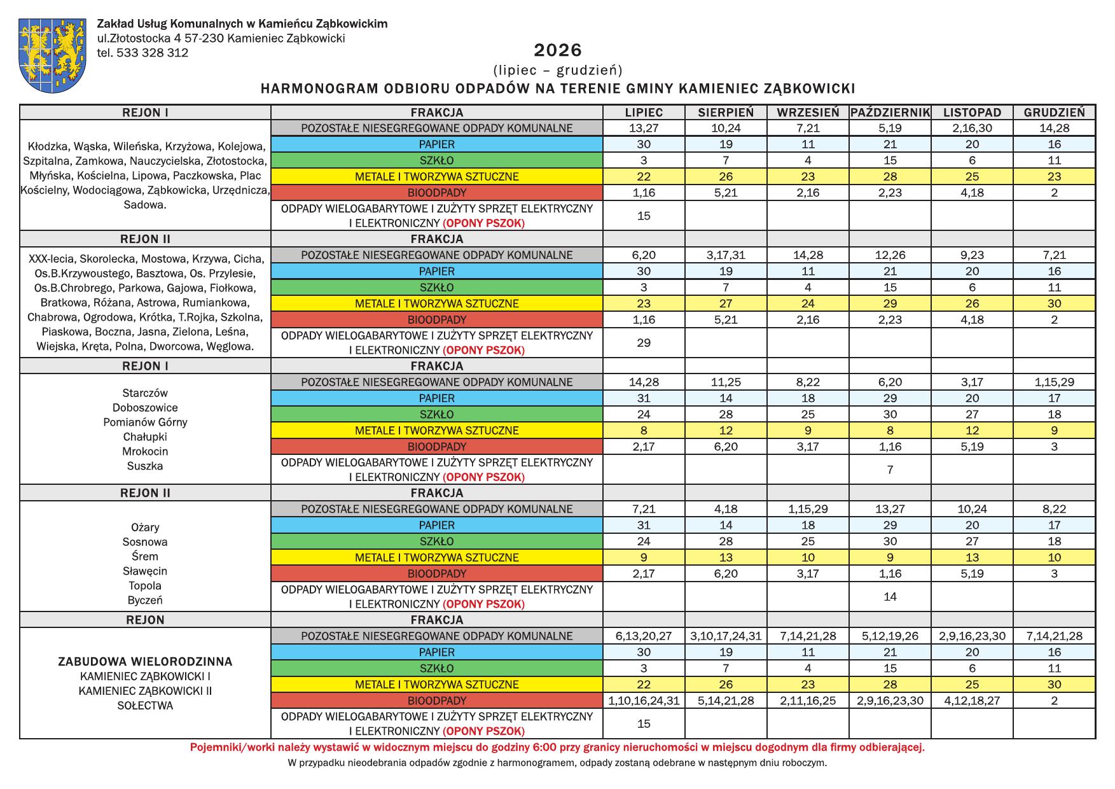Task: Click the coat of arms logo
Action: (x=53, y=55)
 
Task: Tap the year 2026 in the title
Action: (x=558, y=50)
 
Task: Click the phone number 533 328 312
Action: (x=152, y=53)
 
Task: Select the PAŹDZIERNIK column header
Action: (x=890, y=113)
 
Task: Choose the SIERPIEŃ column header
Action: (x=726, y=113)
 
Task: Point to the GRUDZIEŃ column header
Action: (x=1054, y=113)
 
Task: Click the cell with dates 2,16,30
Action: (x=972, y=128)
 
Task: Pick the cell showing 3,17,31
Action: (x=726, y=255)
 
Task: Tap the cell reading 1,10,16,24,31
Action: (x=644, y=701)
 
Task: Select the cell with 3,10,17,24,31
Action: (x=726, y=636)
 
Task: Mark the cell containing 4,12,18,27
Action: (x=972, y=701)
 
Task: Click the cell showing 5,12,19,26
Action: (x=890, y=636)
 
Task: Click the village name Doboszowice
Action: (x=145, y=408)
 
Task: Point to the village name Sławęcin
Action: (x=145, y=571)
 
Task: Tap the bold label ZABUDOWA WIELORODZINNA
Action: (x=145, y=662)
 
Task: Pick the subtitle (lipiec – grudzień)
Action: (x=558, y=69)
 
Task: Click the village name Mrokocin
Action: (x=145, y=452)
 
